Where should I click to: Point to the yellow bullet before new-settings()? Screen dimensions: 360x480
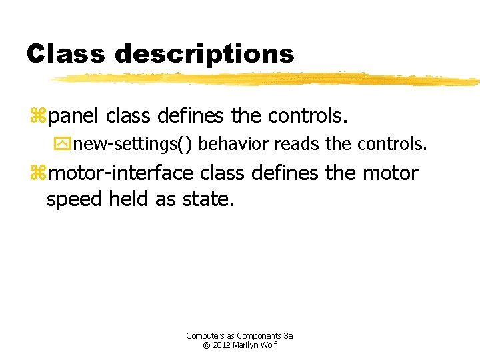65,144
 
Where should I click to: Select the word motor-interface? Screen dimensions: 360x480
121,173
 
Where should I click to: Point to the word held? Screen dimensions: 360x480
129,199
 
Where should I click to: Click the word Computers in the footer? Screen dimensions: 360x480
204,335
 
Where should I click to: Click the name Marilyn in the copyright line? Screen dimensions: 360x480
248,345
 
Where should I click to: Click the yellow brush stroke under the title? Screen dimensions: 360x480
267,79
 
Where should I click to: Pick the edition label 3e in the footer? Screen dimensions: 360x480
289,335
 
